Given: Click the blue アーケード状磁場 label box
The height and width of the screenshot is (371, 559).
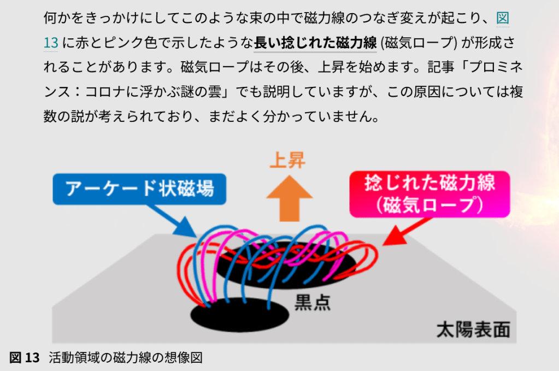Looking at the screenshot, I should tap(139, 189).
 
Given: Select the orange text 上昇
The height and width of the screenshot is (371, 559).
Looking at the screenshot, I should tap(287, 160).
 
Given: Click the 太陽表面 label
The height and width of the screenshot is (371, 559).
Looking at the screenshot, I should tap(473, 329).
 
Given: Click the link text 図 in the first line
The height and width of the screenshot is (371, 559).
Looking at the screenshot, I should tap(502, 18).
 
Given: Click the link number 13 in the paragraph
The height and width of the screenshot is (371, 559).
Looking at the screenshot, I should tap(50, 42).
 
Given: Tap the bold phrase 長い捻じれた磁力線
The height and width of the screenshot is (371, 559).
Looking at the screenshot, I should tap(315, 42).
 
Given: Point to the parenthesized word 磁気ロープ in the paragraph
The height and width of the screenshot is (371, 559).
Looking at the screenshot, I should tap(420, 42).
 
